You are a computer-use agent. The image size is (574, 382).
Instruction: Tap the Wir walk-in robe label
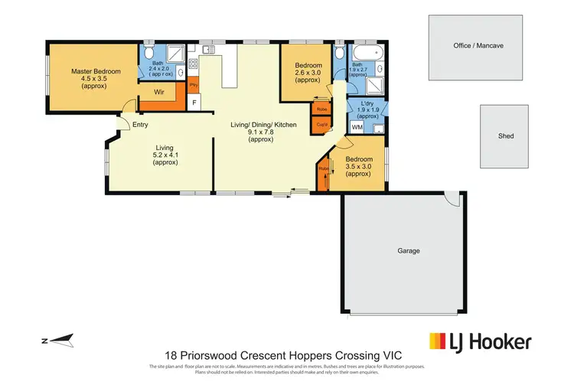click(x=159, y=92)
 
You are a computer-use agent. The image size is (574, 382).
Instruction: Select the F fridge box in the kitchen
click(x=194, y=102)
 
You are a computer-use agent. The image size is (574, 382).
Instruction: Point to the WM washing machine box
click(x=357, y=126)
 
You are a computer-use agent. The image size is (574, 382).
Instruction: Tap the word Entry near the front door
click(x=140, y=125)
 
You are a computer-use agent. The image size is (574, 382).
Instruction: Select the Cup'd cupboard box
click(x=322, y=125)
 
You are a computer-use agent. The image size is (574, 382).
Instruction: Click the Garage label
click(x=408, y=250)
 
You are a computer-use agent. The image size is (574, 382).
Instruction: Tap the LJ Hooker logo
click(x=479, y=341)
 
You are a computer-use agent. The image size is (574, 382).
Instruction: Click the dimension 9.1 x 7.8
click(x=260, y=132)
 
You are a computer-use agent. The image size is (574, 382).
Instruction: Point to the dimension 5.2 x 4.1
click(x=165, y=155)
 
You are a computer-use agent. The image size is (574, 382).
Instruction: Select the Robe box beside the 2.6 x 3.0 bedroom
click(x=322, y=109)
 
